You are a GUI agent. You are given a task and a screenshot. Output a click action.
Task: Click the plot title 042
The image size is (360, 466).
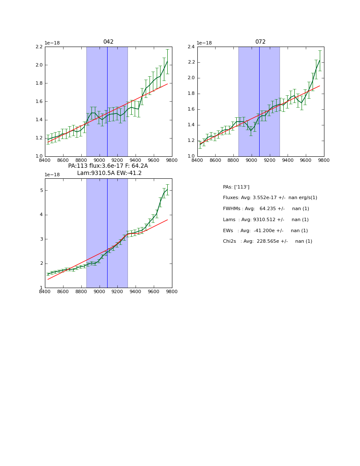pyautogui.click(x=108, y=42)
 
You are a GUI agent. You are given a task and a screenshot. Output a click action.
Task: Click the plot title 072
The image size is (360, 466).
pyautogui.click(x=260, y=42)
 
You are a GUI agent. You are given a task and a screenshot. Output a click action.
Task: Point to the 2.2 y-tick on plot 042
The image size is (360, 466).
pyautogui.click(x=39, y=47)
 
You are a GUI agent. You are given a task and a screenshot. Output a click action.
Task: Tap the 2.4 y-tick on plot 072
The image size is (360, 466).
pyautogui.click(x=191, y=47)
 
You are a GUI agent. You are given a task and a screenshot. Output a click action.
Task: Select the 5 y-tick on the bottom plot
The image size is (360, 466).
pyautogui.click(x=41, y=191)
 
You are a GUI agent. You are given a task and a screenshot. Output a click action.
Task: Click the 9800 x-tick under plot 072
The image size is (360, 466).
pyautogui.click(x=324, y=161)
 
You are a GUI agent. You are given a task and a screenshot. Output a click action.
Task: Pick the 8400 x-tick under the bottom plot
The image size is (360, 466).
pyautogui.click(x=45, y=292)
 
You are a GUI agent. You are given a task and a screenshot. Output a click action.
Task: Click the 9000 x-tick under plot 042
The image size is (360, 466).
pyautogui.click(x=99, y=161)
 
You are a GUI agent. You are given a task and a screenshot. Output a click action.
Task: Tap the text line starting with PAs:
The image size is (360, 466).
pyautogui.click(x=236, y=187)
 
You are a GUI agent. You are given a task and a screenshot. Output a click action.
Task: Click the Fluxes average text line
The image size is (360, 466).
pyautogui.click(x=270, y=198)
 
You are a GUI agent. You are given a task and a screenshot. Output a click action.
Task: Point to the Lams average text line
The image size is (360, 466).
pyautogui.click(x=266, y=220)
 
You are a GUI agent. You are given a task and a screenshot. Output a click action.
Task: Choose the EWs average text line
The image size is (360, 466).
pyautogui.click(x=265, y=231)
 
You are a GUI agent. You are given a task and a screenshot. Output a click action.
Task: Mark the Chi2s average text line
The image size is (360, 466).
pyautogui.click(x=267, y=241)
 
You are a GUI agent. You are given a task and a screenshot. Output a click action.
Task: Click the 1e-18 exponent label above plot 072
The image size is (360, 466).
pyautogui.click(x=204, y=43)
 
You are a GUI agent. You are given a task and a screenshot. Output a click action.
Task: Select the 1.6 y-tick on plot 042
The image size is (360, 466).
pyautogui.click(x=39, y=101)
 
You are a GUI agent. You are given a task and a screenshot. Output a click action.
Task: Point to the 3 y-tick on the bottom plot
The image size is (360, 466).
pyautogui.click(x=41, y=239)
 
